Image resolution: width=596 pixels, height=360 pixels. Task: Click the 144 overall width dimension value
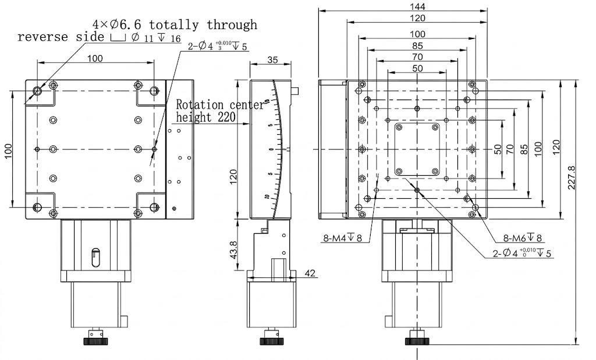coord(417,7)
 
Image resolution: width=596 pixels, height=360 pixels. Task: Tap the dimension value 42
coord(309,273)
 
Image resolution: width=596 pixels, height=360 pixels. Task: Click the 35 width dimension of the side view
coord(272,59)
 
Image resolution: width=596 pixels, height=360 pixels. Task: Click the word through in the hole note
coord(232,24)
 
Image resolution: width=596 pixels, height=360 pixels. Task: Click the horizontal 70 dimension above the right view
coord(417,57)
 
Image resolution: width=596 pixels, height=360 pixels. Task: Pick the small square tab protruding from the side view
coord(297,90)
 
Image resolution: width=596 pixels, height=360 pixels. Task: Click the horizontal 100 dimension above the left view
coord(95,58)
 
